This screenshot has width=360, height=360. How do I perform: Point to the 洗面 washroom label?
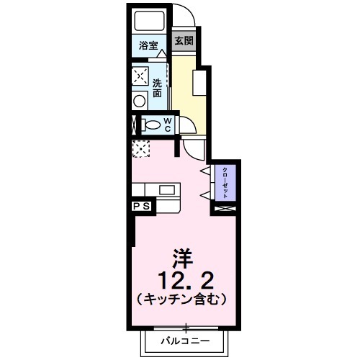157,87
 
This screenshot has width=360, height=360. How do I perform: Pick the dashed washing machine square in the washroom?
140,76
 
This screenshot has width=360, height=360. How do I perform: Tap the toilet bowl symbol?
152,125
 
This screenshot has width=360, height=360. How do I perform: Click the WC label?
167,125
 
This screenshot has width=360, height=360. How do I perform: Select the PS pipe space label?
141,207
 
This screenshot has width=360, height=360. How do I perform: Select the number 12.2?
184,278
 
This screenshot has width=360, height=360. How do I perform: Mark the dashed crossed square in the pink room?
140,149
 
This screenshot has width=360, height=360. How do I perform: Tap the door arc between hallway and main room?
193,148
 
